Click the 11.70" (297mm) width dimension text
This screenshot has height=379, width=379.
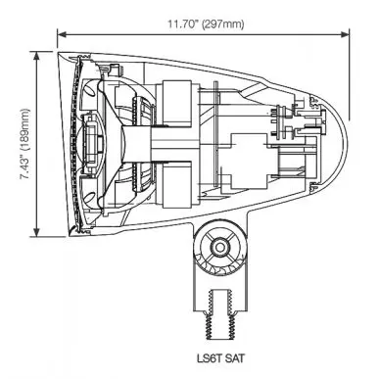pos(206,24)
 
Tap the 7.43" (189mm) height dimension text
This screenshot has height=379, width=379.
pos(24,144)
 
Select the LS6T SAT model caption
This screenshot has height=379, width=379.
pos(220,358)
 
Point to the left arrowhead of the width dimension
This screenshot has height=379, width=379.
pos(62,34)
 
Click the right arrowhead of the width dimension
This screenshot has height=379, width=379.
pos(345,34)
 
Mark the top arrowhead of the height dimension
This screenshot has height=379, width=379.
pos(37,56)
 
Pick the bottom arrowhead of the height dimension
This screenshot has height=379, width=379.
pos(37,232)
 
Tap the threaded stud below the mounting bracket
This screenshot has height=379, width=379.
pos(220,314)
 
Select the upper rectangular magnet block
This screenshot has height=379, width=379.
pos(177,104)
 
